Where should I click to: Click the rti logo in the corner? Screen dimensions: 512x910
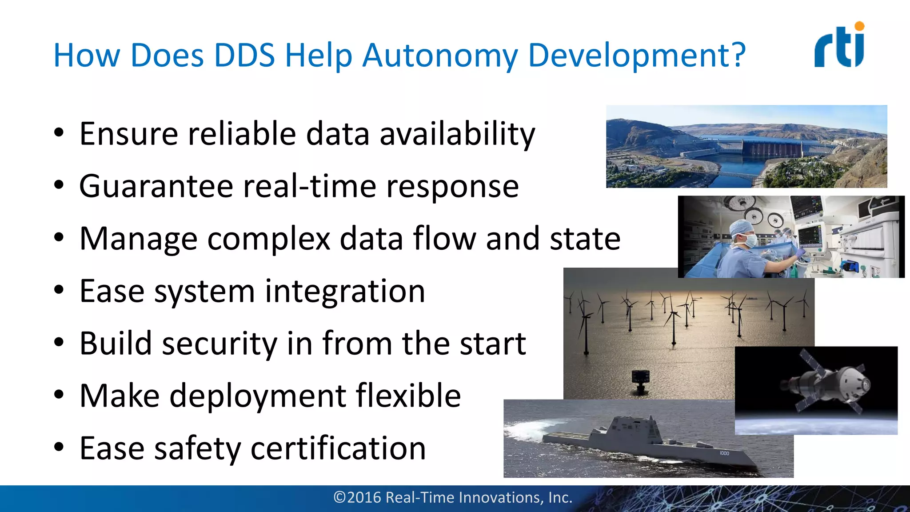839,46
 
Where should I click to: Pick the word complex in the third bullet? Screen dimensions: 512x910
269,239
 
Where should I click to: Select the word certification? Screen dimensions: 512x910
338,448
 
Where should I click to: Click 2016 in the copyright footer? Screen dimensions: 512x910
364,497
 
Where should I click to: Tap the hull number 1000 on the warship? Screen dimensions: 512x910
724,453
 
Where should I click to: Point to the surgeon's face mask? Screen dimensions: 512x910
750,240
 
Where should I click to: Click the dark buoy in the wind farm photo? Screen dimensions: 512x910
641,378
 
